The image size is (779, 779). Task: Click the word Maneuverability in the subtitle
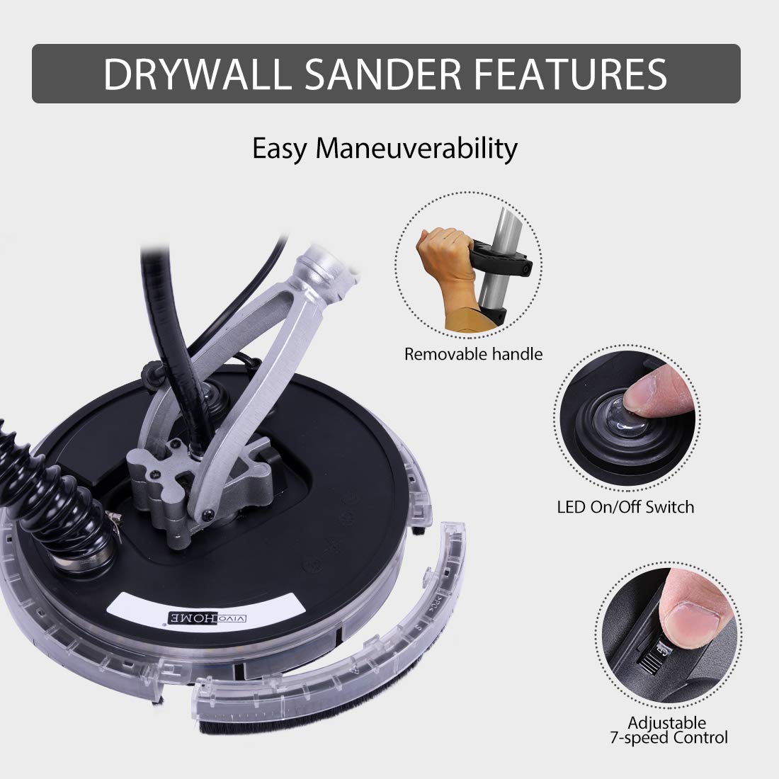point(416,150)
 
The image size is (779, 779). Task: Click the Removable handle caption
point(473,354)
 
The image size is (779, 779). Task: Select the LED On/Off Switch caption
point(625,507)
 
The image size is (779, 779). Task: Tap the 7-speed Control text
point(667,738)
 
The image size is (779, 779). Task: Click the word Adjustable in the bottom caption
point(667,722)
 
